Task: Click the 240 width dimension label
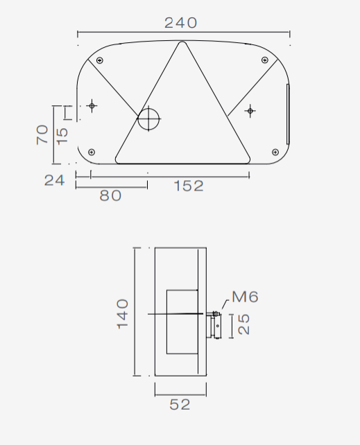pos(180,23)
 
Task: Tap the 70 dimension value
pos(42,134)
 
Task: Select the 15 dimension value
pos(62,137)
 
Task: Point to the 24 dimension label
pos(55,180)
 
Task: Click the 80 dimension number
pos(110,195)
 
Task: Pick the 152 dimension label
pos(189,186)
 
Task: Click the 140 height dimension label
pos(123,313)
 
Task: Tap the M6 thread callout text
pos(245,297)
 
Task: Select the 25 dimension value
pos(243,324)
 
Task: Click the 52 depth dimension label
pos(180,404)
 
